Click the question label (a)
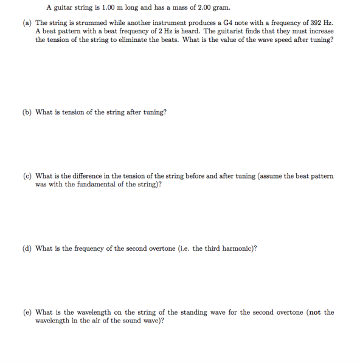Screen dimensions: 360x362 click(27, 22)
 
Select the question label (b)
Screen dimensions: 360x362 click(27, 112)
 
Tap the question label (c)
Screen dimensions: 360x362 click(27, 176)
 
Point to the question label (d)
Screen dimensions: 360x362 click(27, 248)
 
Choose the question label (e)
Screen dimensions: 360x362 click(27, 312)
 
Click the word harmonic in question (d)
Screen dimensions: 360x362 click(236, 248)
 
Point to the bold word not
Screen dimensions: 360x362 click(314, 312)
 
